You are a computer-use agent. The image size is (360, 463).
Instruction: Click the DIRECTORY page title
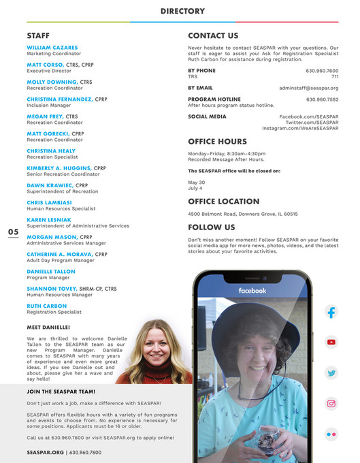click(x=182, y=11)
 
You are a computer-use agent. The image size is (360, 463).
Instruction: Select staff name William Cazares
click(x=52, y=48)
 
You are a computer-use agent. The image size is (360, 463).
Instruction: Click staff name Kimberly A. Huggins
click(x=59, y=167)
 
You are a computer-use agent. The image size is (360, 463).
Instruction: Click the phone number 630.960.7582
click(x=322, y=99)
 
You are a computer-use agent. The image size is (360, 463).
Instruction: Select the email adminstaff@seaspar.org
click(x=308, y=88)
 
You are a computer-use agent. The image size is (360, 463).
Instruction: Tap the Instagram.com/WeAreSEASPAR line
click(x=300, y=128)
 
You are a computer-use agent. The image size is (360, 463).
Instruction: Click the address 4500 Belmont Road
click(x=242, y=214)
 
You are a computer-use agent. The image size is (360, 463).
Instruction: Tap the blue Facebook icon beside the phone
click(x=331, y=313)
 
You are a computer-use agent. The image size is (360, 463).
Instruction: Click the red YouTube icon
click(x=331, y=342)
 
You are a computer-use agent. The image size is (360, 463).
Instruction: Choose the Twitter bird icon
click(x=331, y=372)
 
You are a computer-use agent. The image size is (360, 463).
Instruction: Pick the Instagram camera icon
click(x=331, y=403)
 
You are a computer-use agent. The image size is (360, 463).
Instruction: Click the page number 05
click(x=14, y=232)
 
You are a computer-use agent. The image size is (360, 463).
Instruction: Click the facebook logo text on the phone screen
click(x=252, y=291)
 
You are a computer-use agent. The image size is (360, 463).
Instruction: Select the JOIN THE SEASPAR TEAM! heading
click(x=61, y=392)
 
